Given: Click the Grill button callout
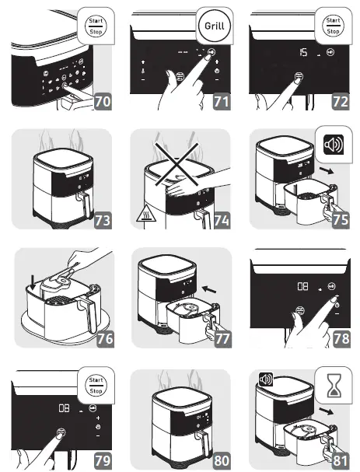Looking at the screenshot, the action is (215, 26).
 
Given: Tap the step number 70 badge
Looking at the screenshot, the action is (103, 101).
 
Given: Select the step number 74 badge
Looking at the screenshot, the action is (222, 220).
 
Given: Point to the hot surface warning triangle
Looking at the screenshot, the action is (145, 214).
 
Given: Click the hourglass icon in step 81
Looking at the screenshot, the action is (334, 385).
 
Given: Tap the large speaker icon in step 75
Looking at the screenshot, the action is (334, 145).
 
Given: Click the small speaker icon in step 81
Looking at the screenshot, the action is (265, 379).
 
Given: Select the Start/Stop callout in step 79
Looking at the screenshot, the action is (96, 386).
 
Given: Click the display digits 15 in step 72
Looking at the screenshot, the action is (303, 53).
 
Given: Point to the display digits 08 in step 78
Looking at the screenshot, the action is (302, 286).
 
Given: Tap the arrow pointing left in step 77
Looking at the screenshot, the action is (209, 289).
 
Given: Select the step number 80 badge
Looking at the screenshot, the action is (222, 460).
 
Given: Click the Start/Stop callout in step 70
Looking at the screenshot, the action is (96, 26).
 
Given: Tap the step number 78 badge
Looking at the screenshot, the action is (341, 339).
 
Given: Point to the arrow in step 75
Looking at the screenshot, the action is (327, 170).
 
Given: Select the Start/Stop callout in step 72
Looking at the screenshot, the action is (333, 26).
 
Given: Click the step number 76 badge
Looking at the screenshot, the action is (105, 339).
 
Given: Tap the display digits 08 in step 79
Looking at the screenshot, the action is (64, 408).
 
